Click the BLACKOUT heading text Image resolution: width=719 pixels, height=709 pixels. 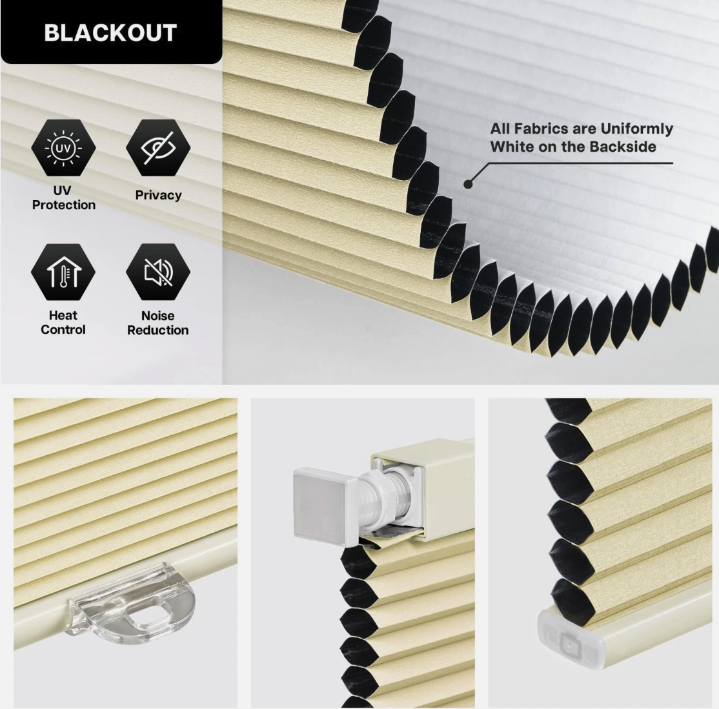[x=110, y=32]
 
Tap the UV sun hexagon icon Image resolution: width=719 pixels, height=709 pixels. [x=63, y=148]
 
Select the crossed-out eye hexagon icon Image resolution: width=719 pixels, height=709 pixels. [x=158, y=148]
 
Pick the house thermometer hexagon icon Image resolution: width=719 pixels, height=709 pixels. [x=63, y=272]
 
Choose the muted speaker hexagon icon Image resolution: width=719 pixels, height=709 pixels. [x=158, y=272]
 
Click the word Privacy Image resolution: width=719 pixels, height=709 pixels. [x=158, y=195]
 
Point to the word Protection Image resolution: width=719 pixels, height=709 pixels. [x=64, y=205]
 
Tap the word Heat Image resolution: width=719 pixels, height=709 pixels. [x=63, y=315]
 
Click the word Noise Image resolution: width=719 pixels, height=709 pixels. [x=157, y=316]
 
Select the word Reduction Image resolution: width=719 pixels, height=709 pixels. [x=157, y=330]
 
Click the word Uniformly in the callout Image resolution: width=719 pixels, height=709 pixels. [x=636, y=129]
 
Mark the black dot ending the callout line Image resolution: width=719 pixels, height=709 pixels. [x=468, y=184]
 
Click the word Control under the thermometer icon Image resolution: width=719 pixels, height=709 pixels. [x=63, y=329]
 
